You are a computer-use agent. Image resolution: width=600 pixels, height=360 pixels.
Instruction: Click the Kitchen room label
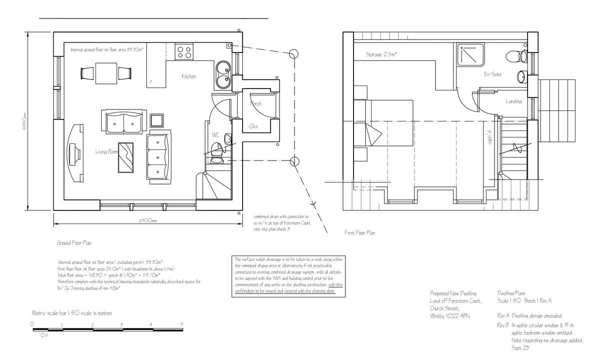coord(188,76)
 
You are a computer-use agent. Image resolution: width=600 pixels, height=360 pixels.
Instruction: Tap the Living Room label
coord(106,151)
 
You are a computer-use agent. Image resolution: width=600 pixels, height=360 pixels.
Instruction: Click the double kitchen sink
coord(222,74)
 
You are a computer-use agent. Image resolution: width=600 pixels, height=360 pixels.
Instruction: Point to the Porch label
coord(255,104)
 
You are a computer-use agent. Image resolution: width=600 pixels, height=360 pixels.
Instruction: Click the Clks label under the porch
coord(253,126)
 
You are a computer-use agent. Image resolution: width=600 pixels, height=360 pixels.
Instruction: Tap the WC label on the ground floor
coord(215,134)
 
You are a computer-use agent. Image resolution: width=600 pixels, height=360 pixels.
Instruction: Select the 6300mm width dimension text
coord(148,220)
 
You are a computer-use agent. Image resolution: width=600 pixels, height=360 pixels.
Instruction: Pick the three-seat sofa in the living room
coord(159,155)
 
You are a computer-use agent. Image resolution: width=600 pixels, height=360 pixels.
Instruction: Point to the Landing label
coord(513,101)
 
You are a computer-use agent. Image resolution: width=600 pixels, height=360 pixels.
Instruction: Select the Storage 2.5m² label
coord(381,54)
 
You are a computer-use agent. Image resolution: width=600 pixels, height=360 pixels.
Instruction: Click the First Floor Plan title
coord(360,233)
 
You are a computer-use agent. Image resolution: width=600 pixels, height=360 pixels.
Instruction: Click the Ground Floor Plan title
coord(74,242)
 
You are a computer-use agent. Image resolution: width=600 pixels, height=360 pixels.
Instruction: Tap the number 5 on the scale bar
coord(181,324)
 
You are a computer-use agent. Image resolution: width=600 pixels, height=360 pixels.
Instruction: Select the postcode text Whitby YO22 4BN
coord(449,316)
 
